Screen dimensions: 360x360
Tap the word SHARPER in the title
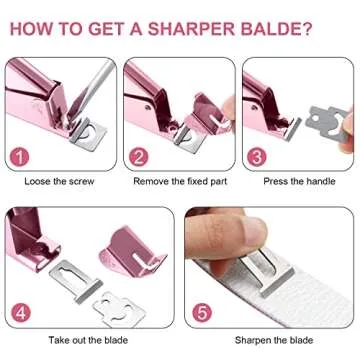coord(191,29)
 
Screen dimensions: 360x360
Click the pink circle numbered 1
coord(20,157)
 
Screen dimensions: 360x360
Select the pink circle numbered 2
coord(138,157)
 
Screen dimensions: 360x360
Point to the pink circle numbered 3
coord(257,157)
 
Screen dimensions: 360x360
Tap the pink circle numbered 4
coord(20,313)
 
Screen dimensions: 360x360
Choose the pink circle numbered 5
coord(202,313)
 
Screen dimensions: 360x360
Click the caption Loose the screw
coord(59,181)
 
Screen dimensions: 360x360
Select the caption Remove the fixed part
coord(180,181)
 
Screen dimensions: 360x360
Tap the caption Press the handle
coord(299,181)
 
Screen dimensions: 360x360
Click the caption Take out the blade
coord(88,340)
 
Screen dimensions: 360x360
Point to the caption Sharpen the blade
coord(274,340)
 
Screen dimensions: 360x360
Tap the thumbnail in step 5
coord(255,231)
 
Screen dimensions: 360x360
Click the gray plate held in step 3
coord(327,123)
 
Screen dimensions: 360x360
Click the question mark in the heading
coord(307,29)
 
